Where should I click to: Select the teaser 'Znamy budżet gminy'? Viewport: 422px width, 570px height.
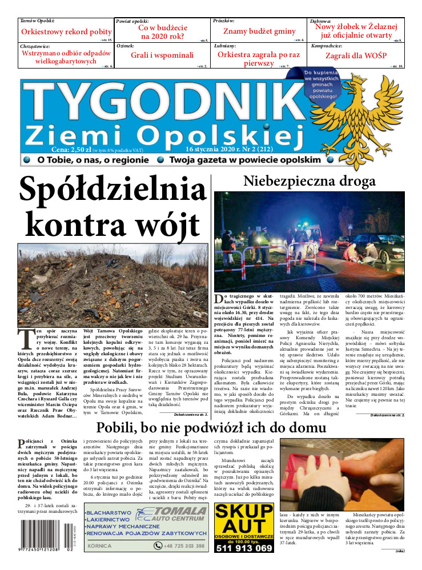pos(259,32)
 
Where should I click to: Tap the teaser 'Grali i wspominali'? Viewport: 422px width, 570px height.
pos(162,55)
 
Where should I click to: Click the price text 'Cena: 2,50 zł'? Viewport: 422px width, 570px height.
pos(59,150)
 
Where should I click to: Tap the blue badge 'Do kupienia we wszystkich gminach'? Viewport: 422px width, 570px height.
pos(321,85)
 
